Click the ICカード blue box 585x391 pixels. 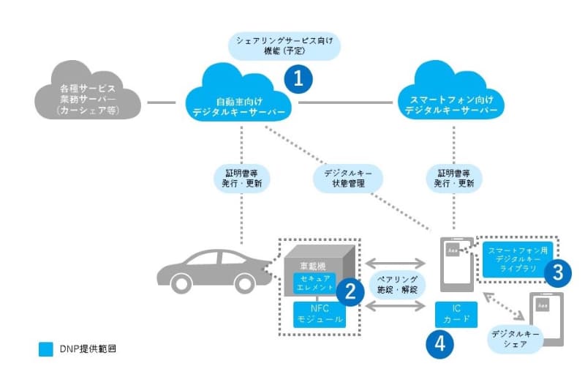457,314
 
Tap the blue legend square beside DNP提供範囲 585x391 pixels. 46,349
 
